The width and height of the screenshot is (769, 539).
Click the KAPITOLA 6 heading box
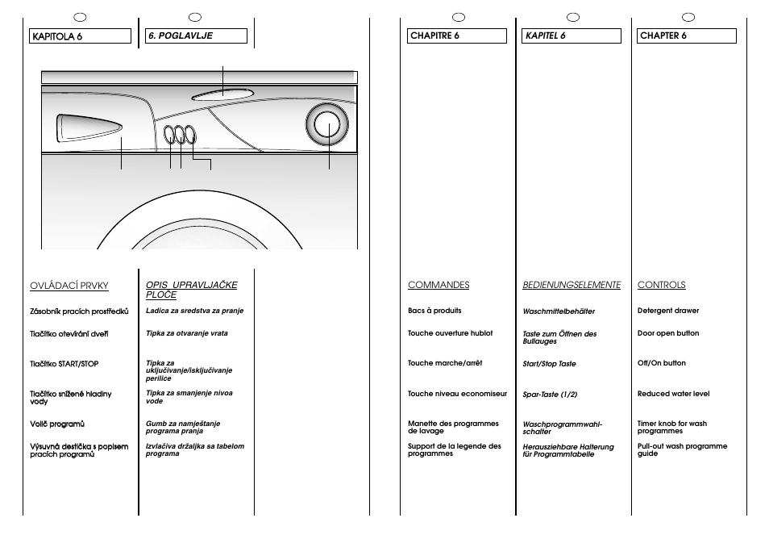click(x=80, y=36)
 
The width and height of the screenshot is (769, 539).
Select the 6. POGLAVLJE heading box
click(x=195, y=36)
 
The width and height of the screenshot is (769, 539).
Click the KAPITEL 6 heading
click(x=572, y=36)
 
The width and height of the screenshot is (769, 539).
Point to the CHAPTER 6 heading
click(x=687, y=36)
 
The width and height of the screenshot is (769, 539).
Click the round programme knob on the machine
click(x=328, y=127)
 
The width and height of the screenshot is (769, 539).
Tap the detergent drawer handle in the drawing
click(x=88, y=129)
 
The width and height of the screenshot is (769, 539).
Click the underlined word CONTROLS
click(x=661, y=285)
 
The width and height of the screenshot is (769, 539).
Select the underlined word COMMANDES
click(x=438, y=285)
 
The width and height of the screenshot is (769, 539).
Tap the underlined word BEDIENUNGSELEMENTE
click(x=572, y=285)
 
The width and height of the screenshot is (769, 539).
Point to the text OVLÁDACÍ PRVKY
click(x=69, y=286)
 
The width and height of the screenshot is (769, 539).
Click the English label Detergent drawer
click(x=668, y=311)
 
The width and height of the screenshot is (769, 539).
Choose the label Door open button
click(x=668, y=333)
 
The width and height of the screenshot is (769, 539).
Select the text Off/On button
click(x=662, y=363)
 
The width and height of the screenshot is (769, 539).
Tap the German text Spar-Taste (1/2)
click(x=550, y=395)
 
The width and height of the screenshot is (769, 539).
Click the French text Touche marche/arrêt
click(x=445, y=363)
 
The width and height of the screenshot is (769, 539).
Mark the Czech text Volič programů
click(x=57, y=424)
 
